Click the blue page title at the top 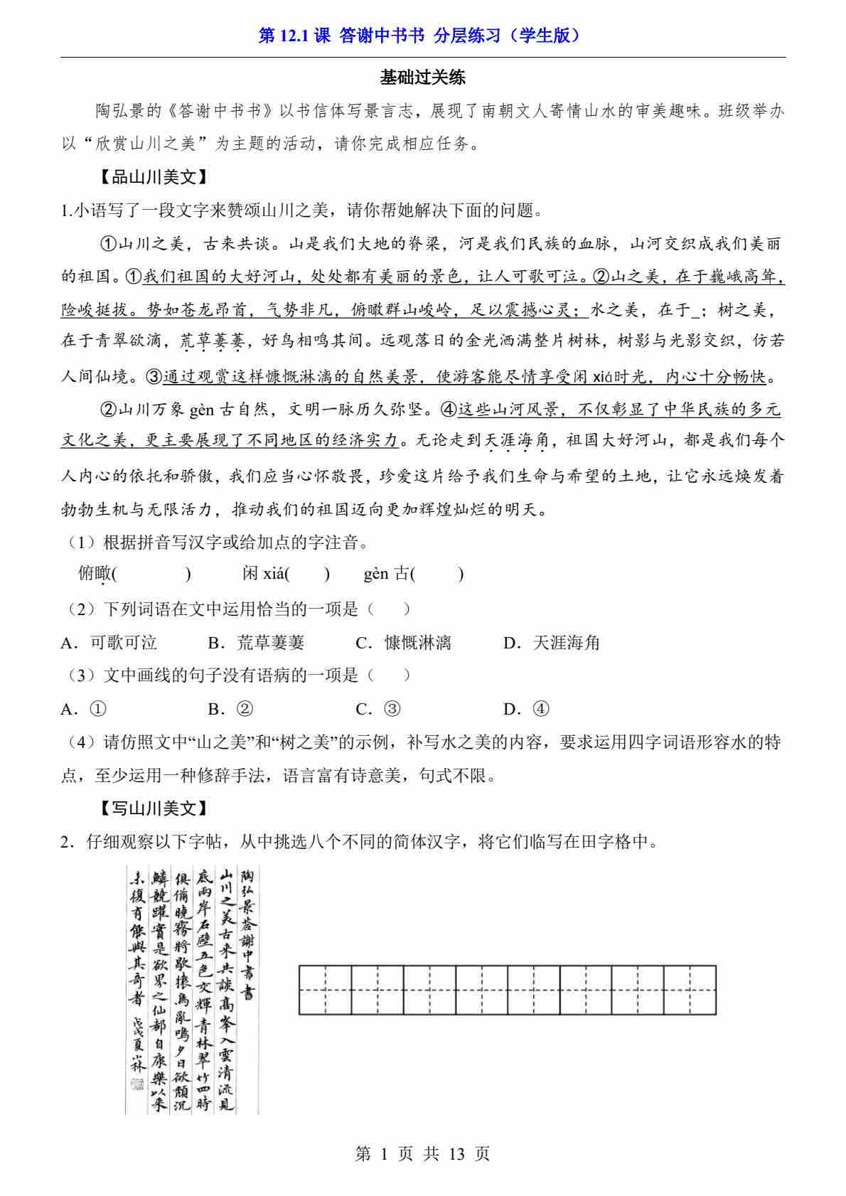(422, 36)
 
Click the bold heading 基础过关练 (422, 77)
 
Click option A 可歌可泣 (110, 643)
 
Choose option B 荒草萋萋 (257, 643)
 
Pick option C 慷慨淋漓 (404, 643)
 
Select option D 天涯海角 (552, 643)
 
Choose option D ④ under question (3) (527, 709)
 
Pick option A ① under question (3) (85, 709)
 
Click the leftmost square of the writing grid (325, 990)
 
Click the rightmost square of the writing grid (690, 990)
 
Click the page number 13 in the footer (457, 1154)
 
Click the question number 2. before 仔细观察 (69, 842)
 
